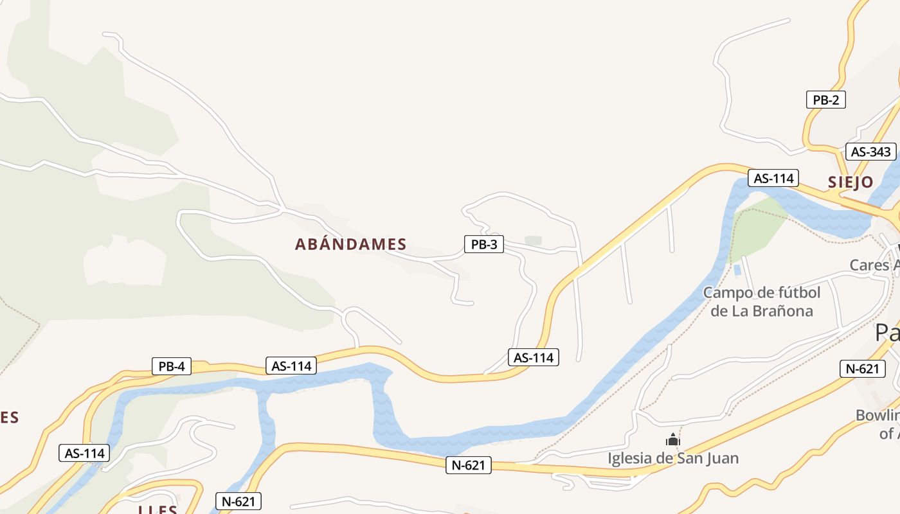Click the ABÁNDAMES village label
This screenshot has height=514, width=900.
point(350,244)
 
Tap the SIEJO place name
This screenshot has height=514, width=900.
point(851,182)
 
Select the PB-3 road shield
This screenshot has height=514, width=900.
point(484,244)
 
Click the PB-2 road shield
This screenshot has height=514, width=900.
point(825,100)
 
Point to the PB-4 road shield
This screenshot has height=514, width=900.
point(172,366)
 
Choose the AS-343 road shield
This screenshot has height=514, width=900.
point(870,152)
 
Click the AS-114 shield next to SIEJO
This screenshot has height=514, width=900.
point(773,178)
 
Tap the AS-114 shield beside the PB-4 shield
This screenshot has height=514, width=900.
point(291,366)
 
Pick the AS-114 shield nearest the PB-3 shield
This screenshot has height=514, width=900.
point(533,357)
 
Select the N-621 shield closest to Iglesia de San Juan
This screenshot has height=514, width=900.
point(469,465)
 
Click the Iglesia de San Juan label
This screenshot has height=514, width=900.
point(673,458)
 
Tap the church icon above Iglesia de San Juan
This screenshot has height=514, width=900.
point(673,440)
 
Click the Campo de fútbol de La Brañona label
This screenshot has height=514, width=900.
point(762,302)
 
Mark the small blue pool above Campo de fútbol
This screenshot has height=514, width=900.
point(737,270)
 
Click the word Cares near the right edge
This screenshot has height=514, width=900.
point(869,265)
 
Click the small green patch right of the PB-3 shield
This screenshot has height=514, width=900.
point(533,240)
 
